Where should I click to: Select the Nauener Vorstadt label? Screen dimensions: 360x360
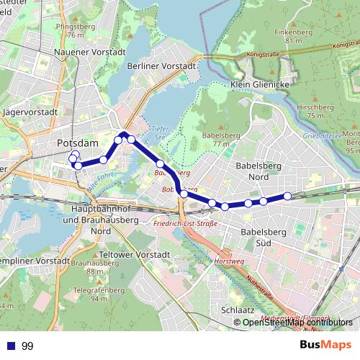[90, 53]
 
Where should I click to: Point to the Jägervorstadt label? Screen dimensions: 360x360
[30, 113]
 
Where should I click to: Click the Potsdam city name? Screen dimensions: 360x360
[77, 144]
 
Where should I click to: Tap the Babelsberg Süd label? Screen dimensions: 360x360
[262, 237]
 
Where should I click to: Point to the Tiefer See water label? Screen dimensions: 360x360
[159, 133]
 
